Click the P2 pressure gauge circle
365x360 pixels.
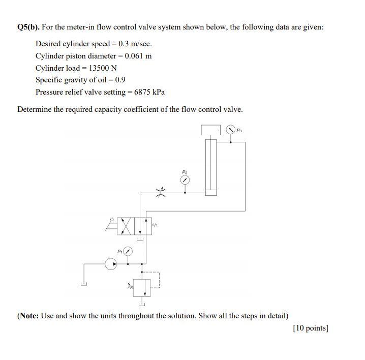click(186, 181)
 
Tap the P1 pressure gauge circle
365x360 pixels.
click(128, 251)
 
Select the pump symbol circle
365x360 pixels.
click(110, 264)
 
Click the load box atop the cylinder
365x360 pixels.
click(210, 130)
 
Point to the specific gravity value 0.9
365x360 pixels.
click(120, 80)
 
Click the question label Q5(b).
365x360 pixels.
click(30, 27)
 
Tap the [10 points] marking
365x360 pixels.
click(310, 328)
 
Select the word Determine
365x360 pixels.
click(35, 109)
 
